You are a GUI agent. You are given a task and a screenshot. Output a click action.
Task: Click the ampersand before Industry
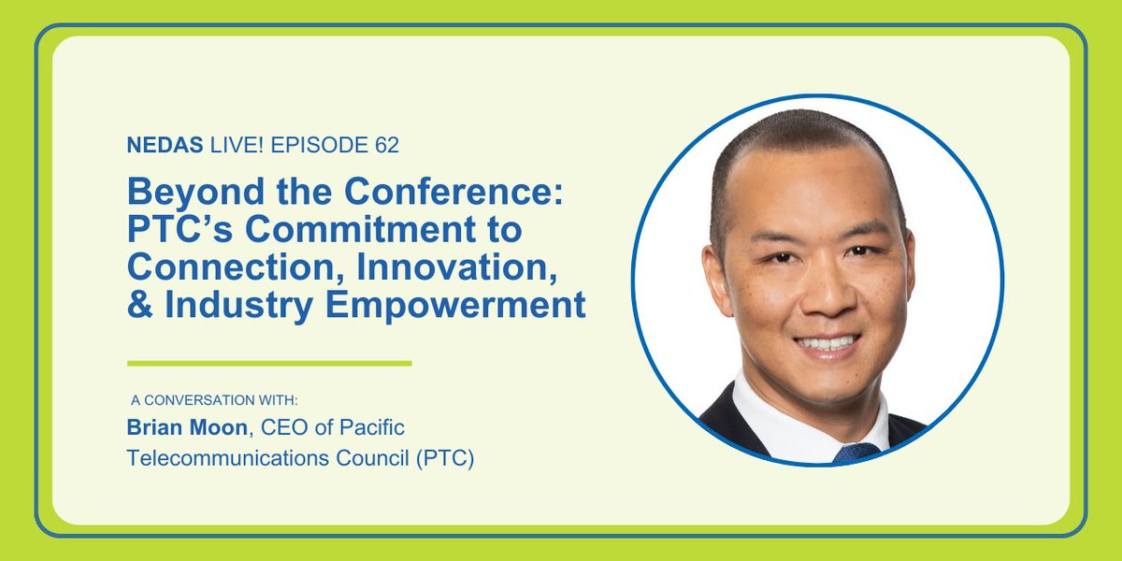point(140,305)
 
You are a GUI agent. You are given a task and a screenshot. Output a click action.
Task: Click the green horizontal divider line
point(269,363)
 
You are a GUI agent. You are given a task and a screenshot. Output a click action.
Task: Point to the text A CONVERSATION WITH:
point(214,400)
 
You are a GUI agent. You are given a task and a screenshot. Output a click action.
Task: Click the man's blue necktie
point(855,453)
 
